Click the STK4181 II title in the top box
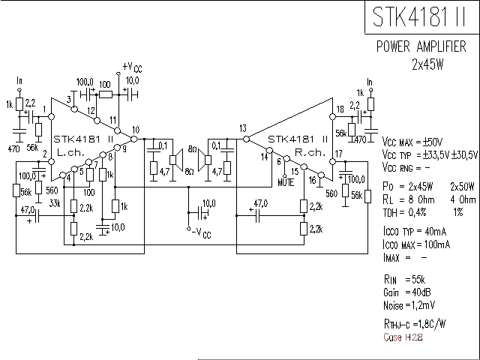418,16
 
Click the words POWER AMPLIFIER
421,46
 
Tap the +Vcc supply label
132,67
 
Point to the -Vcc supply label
202,233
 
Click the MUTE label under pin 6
286,182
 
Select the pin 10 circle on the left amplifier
133,139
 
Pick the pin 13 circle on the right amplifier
246,139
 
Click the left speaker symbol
176,160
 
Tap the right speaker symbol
205,160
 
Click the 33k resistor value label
55,203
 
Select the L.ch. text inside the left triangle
70,152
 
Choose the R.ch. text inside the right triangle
310,152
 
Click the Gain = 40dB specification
406,292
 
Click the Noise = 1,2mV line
409,305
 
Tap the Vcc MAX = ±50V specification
412,142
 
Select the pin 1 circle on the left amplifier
52,116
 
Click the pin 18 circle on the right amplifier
333,116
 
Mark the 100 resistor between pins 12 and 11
106,94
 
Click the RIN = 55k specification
404,279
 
